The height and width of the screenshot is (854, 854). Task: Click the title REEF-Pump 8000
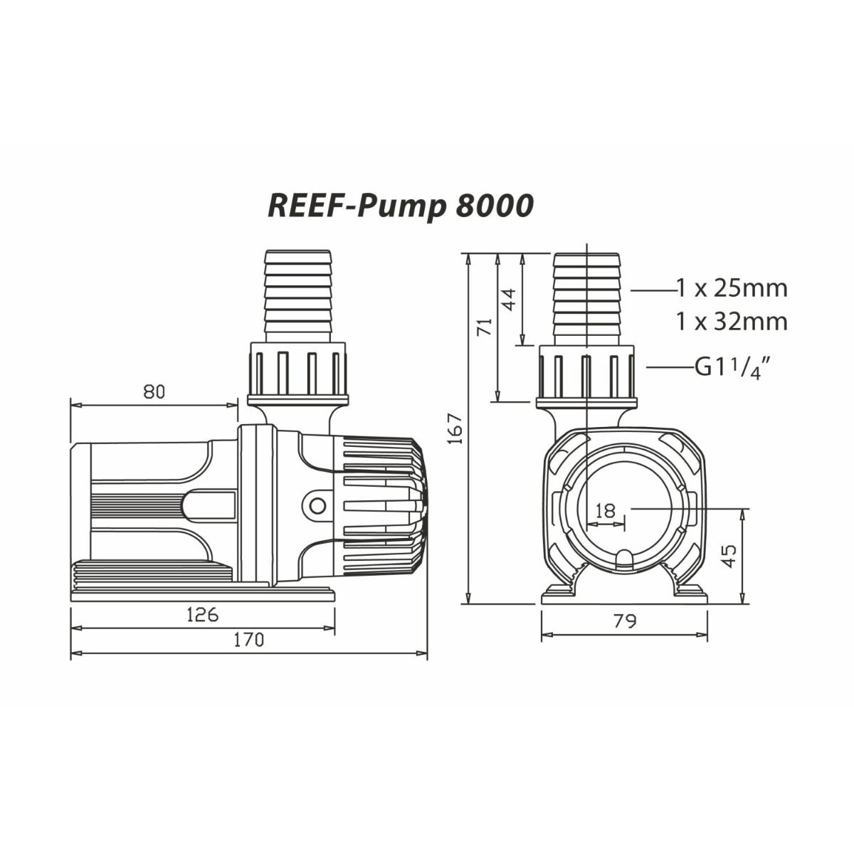(400, 206)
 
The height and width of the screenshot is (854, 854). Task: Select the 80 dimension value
(154, 391)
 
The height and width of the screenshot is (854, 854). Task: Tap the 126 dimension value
(202, 614)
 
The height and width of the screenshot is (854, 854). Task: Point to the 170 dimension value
(248, 640)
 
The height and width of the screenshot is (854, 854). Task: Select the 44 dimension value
(508, 299)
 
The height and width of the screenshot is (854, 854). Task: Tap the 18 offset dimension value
(606, 510)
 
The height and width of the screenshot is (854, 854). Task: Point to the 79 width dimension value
(624, 621)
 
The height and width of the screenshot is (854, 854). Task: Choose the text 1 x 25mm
(732, 288)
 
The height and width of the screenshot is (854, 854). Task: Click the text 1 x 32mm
(732, 322)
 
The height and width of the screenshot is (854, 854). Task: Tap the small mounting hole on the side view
(316, 505)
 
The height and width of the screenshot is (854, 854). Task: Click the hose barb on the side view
(297, 295)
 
